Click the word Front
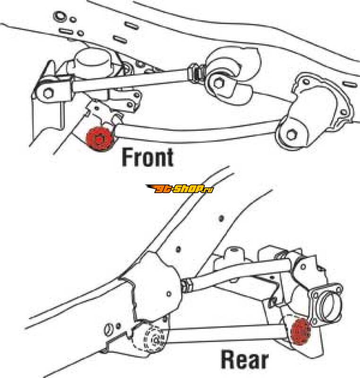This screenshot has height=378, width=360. (147, 157)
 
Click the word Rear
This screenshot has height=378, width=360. (245, 360)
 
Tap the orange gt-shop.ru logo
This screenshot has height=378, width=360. (180, 189)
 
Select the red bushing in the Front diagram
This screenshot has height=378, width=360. (100, 138)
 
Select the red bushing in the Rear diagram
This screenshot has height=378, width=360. (300, 331)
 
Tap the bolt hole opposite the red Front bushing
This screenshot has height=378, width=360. (291, 135)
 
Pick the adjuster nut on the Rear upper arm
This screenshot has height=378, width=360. (187, 285)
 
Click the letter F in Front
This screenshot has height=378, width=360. (128, 157)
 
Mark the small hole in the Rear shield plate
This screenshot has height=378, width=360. (169, 294)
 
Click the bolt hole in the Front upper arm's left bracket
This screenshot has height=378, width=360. (48, 93)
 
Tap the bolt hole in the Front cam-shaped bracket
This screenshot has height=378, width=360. (219, 83)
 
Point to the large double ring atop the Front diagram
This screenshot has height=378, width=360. (59, 16)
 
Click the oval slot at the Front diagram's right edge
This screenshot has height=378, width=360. (350, 85)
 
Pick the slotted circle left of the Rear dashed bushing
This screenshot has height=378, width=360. (109, 329)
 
